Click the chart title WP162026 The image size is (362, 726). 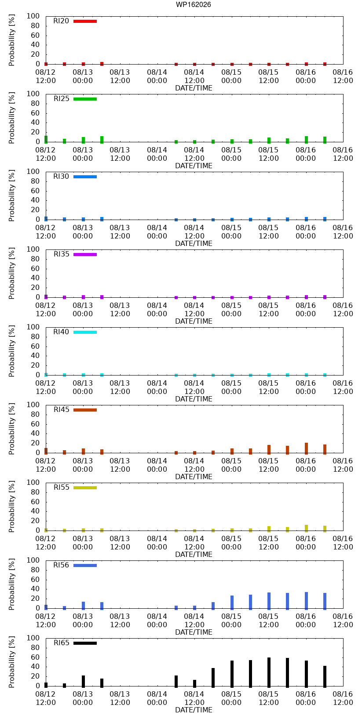point(194,4)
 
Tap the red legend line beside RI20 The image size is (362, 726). point(85,22)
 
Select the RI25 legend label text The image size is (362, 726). point(62,98)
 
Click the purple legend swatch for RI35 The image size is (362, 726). point(85,254)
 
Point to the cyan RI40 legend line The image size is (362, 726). point(85,332)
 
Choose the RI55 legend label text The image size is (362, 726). point(62,487)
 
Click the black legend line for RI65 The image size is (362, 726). point(85,643)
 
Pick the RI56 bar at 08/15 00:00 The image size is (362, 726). point(232,603)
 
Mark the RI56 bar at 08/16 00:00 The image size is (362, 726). point(306,601)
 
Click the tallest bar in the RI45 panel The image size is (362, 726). point(306,448)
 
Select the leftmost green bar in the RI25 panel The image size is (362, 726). point(46,139)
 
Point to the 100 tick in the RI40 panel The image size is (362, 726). point(33,327)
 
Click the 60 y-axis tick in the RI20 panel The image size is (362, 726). point(35,35)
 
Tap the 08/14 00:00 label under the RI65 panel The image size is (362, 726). point(157,698)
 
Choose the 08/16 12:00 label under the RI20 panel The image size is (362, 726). point(343,76)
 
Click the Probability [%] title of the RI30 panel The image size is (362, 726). point(12,196)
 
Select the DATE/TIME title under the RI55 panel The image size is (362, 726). point(194,554)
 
